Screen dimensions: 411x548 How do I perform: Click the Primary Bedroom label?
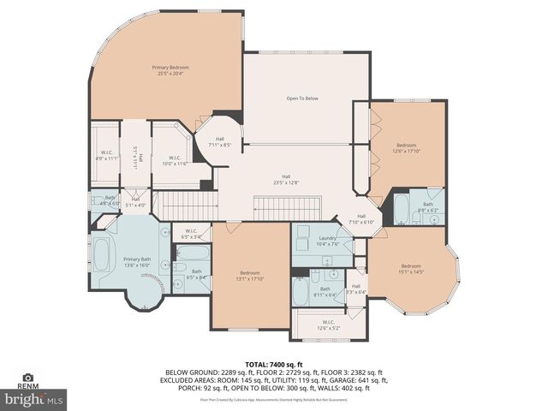(x=170, y=67)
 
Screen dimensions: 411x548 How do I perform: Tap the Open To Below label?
(x=301, y=98)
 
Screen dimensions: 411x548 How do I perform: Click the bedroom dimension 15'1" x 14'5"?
(x=411, y=272)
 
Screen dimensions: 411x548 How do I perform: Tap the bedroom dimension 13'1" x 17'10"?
(x=250, y=278)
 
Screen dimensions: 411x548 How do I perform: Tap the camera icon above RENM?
(x=27, y=378)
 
